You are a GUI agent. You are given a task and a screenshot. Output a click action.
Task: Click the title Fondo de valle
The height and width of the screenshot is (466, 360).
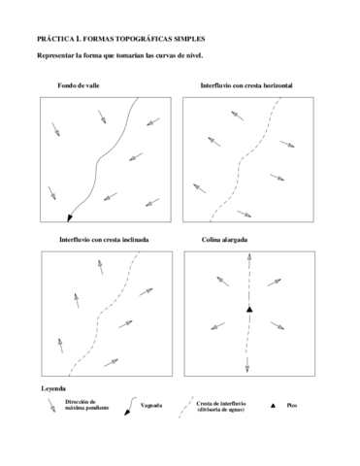pyautogui.click(x=79, y=86)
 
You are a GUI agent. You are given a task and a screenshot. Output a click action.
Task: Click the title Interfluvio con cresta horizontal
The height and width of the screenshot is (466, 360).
pyautogui.click(x=246, y=86)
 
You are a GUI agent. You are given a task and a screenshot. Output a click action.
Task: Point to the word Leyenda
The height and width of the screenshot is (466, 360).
pyautogui.click(x=53, y=388)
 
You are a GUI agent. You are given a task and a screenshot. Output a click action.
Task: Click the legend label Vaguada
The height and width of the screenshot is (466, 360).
pyautogui.click(x=151, y=405)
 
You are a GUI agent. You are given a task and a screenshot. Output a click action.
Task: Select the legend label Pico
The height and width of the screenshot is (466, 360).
pyautogui.click(x=291, y=405)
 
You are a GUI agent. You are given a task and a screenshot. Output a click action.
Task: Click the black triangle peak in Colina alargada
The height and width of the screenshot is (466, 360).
pyautogui.click(x=249, y=309)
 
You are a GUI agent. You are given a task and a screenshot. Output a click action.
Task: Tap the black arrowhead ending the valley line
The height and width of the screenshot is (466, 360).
pyautogui.click(x=70, y=216)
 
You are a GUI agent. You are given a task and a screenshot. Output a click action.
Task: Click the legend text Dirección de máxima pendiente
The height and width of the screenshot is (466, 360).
pyautogui.click(x=82, y=405)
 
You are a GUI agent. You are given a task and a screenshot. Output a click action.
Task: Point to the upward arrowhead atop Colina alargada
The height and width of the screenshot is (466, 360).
pyautogui.click(x=249, y=255)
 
